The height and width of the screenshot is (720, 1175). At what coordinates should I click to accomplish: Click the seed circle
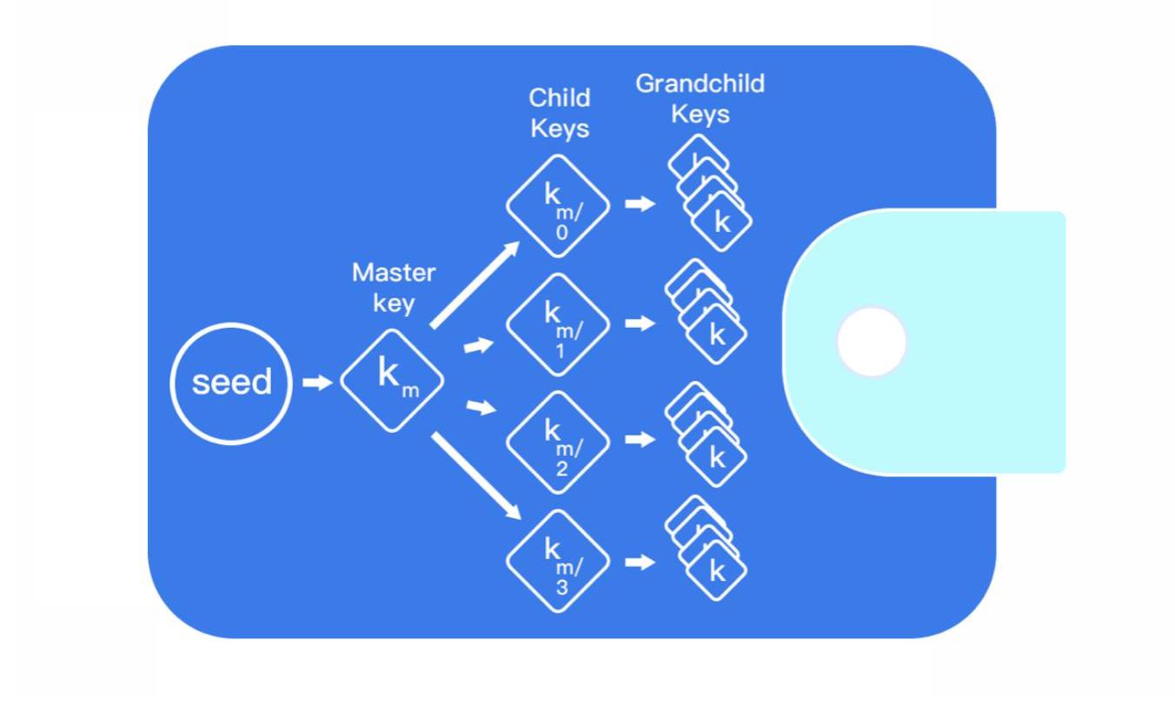coord(231,383)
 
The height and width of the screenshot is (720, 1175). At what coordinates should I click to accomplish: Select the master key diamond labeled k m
coord(392,380)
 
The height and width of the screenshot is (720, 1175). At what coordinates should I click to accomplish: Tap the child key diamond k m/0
coord(558,206)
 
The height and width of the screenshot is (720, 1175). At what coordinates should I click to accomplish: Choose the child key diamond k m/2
coord(558,442)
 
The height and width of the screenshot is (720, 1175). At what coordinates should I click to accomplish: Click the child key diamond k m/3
coord(558,561)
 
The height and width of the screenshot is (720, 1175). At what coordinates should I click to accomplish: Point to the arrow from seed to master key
coord(317,382)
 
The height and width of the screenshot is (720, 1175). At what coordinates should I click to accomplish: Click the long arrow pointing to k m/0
coord(475,285)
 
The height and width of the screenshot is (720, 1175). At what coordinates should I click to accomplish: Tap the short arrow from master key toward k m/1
coord(478,345)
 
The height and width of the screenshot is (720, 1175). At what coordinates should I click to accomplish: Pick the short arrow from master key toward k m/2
coord(481,406)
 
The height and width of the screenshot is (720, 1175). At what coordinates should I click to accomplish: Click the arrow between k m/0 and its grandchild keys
coord(641,204)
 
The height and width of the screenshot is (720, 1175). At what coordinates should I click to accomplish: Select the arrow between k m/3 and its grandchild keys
coord(641,562)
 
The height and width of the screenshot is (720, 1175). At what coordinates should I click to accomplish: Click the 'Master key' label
coord(394,288)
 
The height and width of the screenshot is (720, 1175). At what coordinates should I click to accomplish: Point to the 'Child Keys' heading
coord(560,113)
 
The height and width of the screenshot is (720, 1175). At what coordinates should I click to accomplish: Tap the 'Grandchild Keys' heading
coord(700,98)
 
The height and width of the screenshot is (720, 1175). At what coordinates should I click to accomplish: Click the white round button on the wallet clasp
coord(871,342)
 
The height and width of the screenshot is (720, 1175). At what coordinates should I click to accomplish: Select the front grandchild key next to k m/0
coord(721,223)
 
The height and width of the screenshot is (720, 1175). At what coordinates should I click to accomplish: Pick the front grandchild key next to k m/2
coord(717,457)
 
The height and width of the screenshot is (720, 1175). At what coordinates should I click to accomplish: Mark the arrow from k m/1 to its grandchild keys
coord(641,323)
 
